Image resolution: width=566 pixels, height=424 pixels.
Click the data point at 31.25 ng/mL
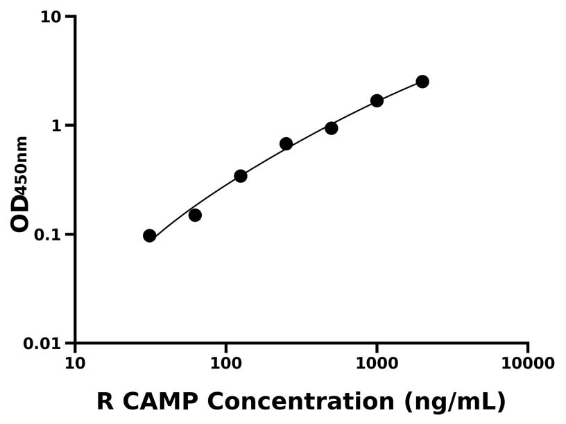click(x=149, y=236)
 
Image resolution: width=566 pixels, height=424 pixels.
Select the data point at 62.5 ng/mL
click(x=195, y=215)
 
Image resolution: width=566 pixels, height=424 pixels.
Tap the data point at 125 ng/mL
click(x=241, y=176)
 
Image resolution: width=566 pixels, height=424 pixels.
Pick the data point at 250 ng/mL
click(x=286, y=144)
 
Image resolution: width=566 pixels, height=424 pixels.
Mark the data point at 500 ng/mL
click(x=332, y=128)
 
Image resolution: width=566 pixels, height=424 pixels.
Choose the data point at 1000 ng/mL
click(x=377, y=100)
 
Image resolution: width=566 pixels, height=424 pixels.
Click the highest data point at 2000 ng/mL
click(x=422, y=82)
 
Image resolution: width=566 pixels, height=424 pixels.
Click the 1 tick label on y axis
click(x=59, y=125)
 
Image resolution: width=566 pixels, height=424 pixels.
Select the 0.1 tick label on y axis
click(x=49, y=235)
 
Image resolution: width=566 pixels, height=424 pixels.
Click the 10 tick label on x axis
click(x=75, y=364)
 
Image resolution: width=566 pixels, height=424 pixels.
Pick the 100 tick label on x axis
click(x=225, y=364)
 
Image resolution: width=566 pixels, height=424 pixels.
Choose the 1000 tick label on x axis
click(x=377, y=364)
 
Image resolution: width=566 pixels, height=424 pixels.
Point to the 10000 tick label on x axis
click(x=527, y=364)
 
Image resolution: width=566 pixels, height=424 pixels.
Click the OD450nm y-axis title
click(x=20, y=184)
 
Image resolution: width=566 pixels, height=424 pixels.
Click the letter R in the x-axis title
click(x=104, y=401)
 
